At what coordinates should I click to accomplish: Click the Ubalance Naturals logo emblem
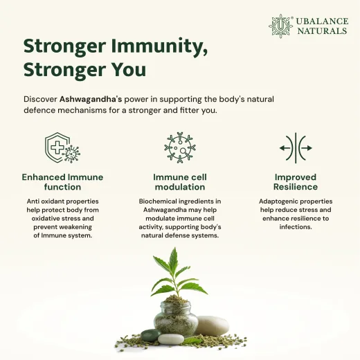tap(280, 26)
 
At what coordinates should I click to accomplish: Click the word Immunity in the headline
tap(159, 46)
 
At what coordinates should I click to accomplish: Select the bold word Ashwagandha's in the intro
tap(91, 99)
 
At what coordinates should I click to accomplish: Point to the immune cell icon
tap(180, 147)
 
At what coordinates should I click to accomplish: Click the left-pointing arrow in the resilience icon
tap(285, 148)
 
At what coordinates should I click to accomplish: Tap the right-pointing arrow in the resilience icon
tap(307, 148)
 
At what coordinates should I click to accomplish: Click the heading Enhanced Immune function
tap(62, 182)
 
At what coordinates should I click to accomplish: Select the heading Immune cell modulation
tap(180, 182)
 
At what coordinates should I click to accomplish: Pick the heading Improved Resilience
tap(296, 182)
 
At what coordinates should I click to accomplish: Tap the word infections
tap(296, 227)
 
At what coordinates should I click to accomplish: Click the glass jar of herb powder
tap(176, 318)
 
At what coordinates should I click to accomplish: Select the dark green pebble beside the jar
tap(151, 336)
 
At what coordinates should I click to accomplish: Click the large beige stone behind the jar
tap(212, 325)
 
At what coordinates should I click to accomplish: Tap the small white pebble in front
tap(171, 339)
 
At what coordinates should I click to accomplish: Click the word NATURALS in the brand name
tap(322, 31)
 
